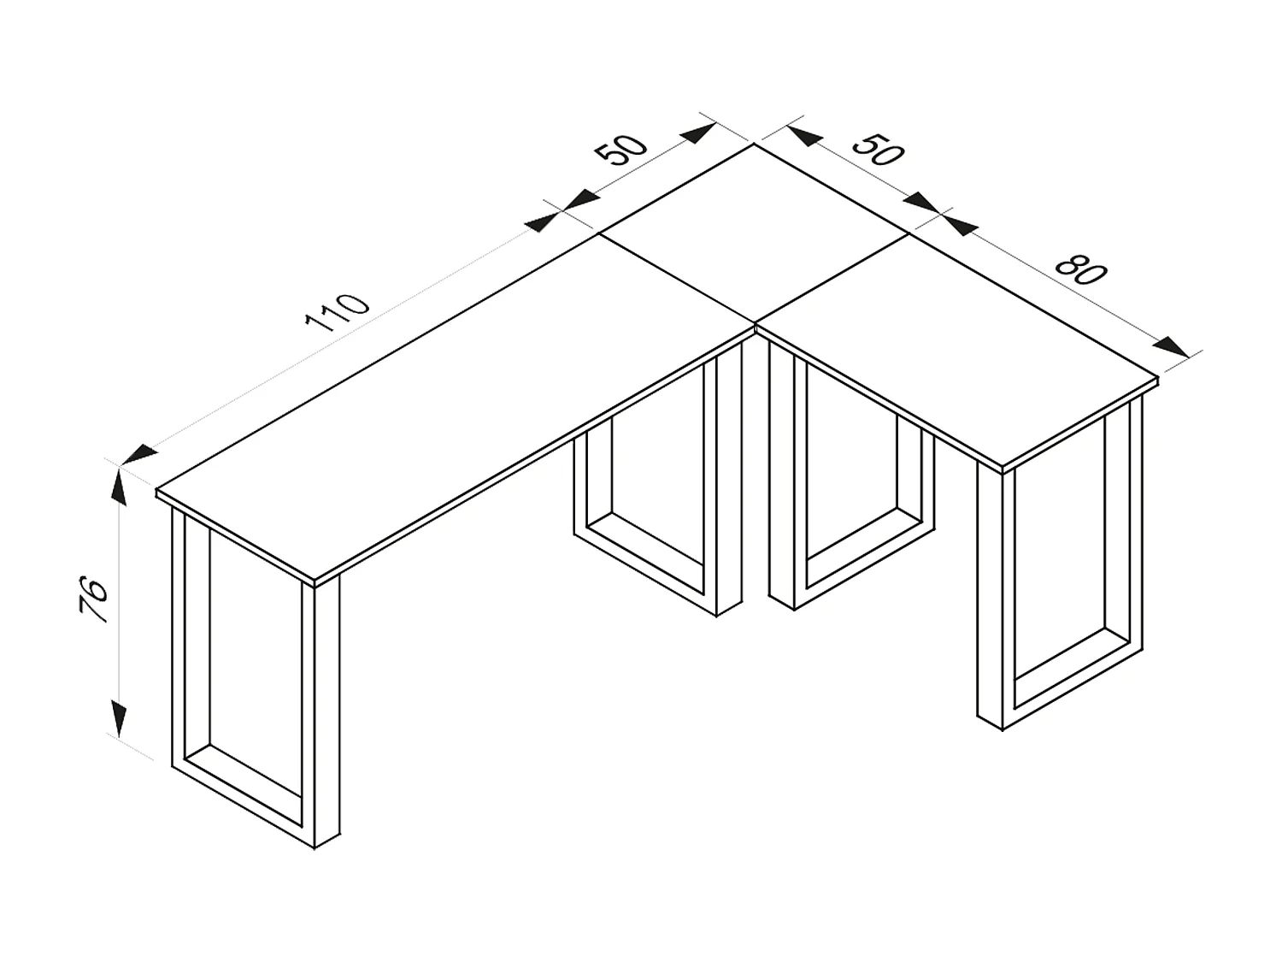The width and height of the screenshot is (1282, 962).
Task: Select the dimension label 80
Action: coord(1080,269)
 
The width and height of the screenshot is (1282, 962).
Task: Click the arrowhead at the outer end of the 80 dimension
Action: coord(1170,346)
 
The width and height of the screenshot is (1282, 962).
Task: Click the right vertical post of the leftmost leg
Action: coord(326,710)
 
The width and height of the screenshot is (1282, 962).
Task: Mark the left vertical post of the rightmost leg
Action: coord(991,599)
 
